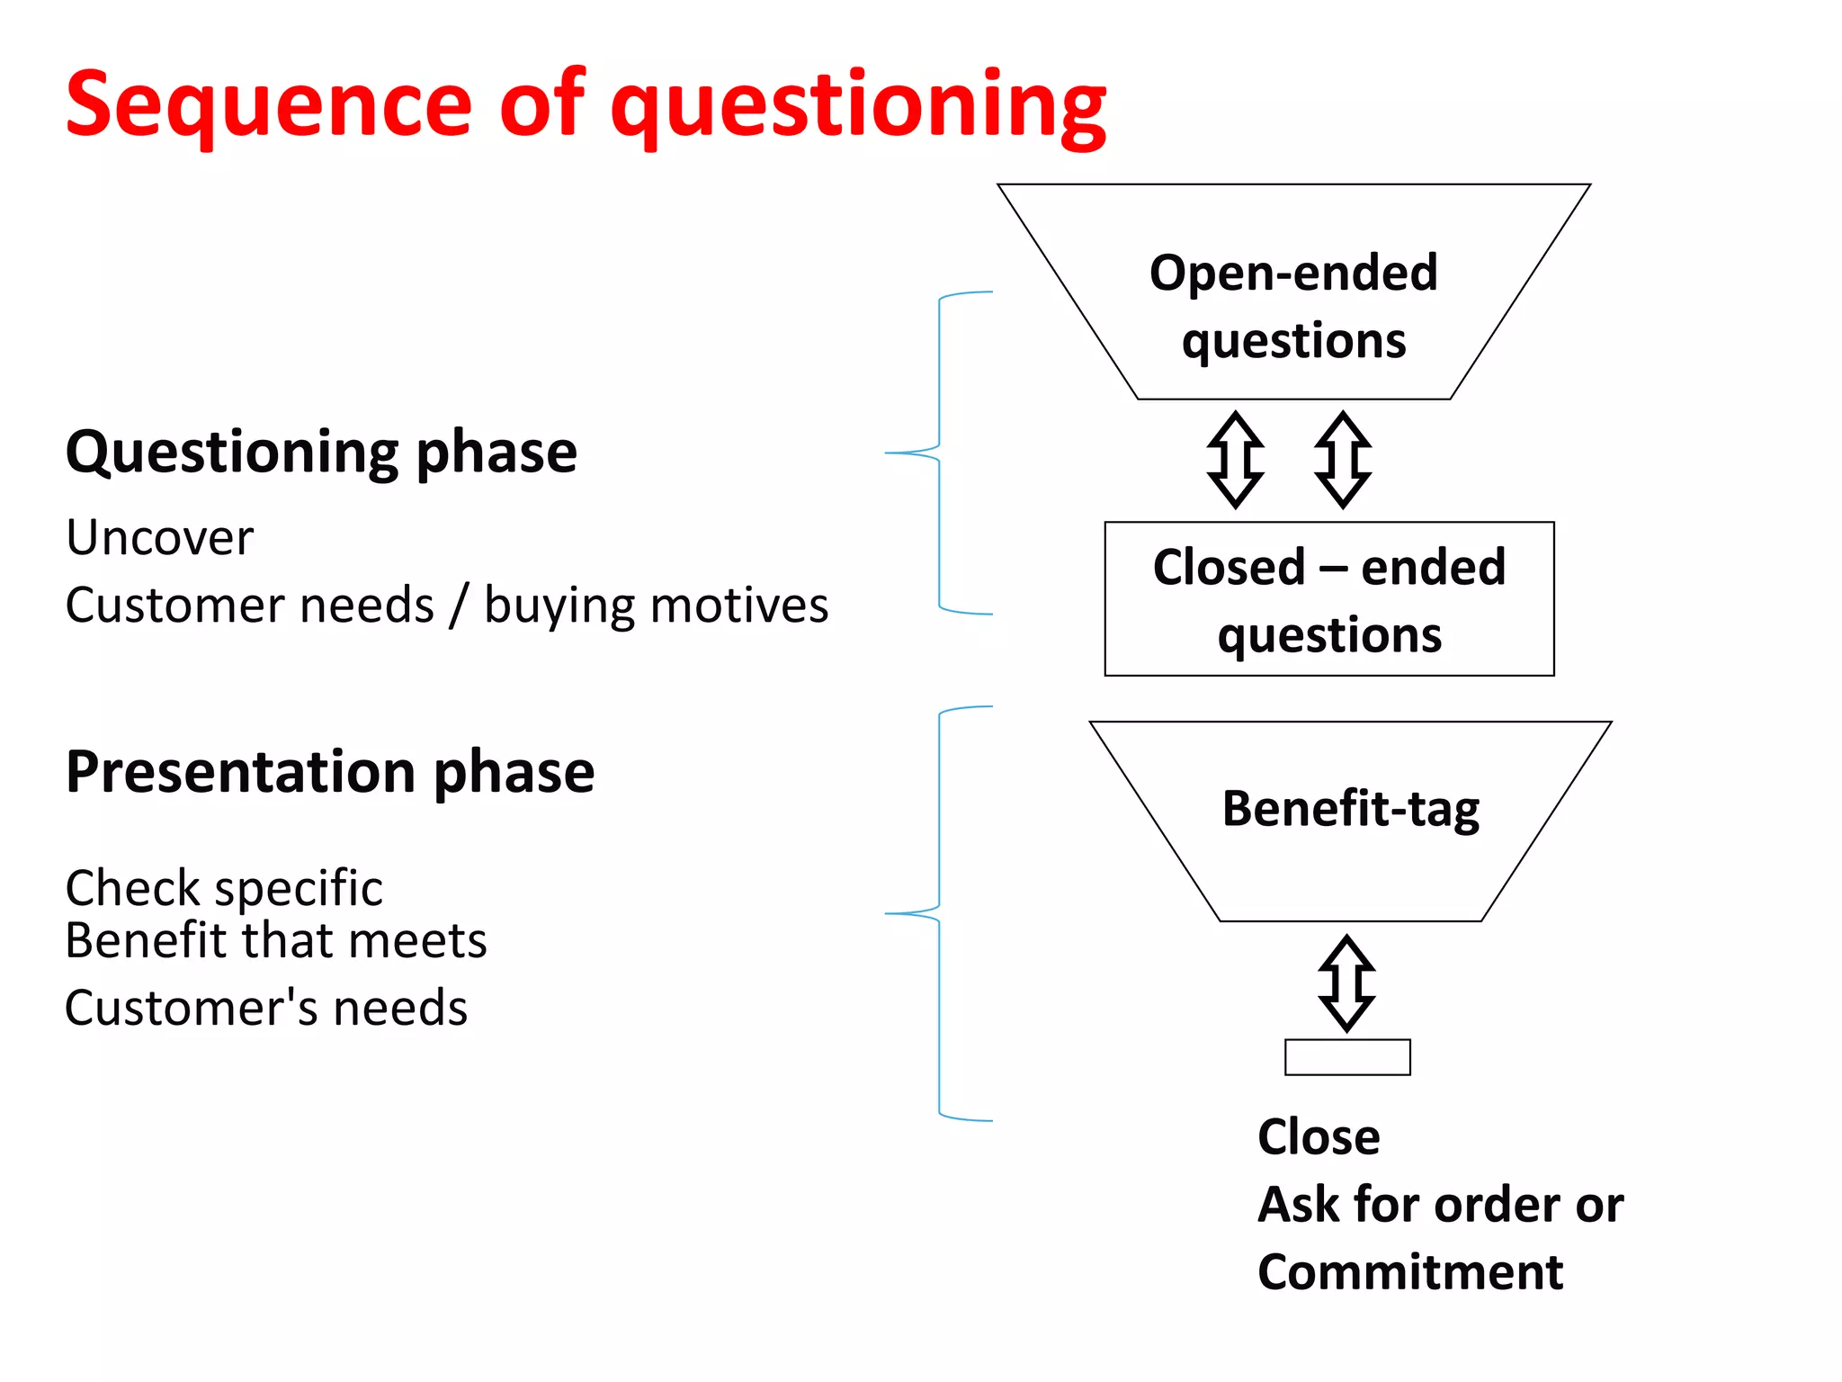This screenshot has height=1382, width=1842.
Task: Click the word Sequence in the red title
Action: (x=268, y=106)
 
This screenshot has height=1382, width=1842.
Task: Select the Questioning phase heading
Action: (x=321, y=452)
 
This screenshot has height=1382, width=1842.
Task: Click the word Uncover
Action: (x=160, y=538)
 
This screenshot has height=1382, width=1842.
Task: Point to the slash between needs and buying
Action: (x=459, y=605)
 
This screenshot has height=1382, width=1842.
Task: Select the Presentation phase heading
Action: (x=330, y=772)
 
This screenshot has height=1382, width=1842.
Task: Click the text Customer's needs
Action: (x=266, y=1008)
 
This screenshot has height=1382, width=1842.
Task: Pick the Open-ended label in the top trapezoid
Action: (x=1293, y=273)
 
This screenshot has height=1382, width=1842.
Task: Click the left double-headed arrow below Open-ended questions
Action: (x=1235, y=460)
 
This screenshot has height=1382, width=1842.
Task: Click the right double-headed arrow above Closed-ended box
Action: (x=1342, y=460)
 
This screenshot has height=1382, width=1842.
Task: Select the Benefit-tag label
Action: (x=1350, y=808)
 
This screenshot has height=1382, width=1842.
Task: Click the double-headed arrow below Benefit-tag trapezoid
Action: (x=1346, y=983)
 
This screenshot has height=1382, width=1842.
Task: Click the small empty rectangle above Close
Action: (x=1346, y=1057)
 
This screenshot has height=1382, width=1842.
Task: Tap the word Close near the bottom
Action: (x=1319, y=1136)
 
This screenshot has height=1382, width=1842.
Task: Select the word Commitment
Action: (x=1409, y=1272)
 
